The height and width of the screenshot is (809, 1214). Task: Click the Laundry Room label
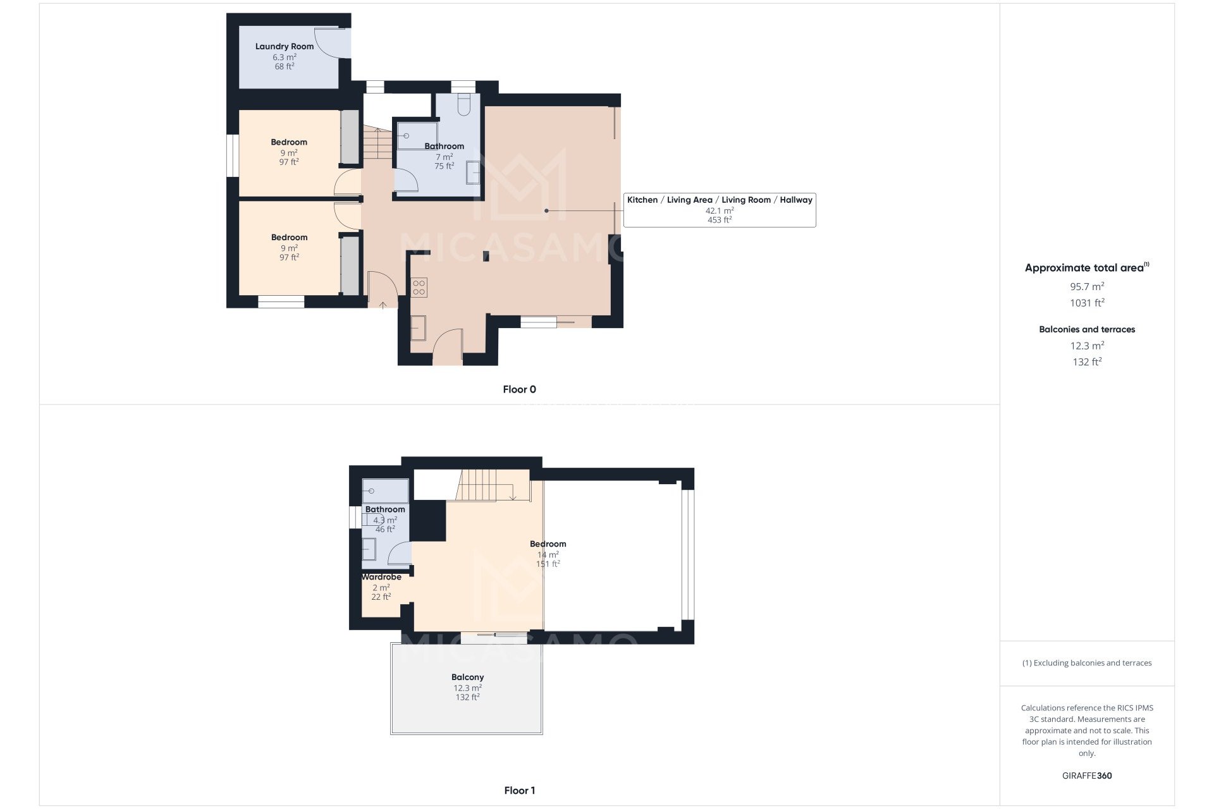(285, 46)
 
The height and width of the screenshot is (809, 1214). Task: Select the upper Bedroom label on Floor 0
(289, 142)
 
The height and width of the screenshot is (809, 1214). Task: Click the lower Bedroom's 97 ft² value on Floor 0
(289, 257)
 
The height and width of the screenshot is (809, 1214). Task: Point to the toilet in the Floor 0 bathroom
(463, 105)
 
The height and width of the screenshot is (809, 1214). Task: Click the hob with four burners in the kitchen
(419, 288)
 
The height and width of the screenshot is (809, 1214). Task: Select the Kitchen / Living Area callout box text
(719, 200)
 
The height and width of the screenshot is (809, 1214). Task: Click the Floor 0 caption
(519, 389)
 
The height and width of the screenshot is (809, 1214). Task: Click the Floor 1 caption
(519, 790)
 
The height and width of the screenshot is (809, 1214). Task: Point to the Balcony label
(467, 677)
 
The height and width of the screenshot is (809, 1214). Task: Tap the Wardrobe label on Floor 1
(381, 577)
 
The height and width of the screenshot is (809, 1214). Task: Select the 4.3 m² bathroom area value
(385, 520)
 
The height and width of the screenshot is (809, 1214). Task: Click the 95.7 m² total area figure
(1087, 286)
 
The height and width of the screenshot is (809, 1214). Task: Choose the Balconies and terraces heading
(1087, 329)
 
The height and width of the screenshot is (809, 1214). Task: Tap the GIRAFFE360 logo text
(1087, 776)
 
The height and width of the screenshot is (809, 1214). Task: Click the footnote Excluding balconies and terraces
(1087, 663)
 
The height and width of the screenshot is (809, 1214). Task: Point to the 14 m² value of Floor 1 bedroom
(548, 555)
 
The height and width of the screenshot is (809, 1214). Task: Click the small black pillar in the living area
(486, 256)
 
